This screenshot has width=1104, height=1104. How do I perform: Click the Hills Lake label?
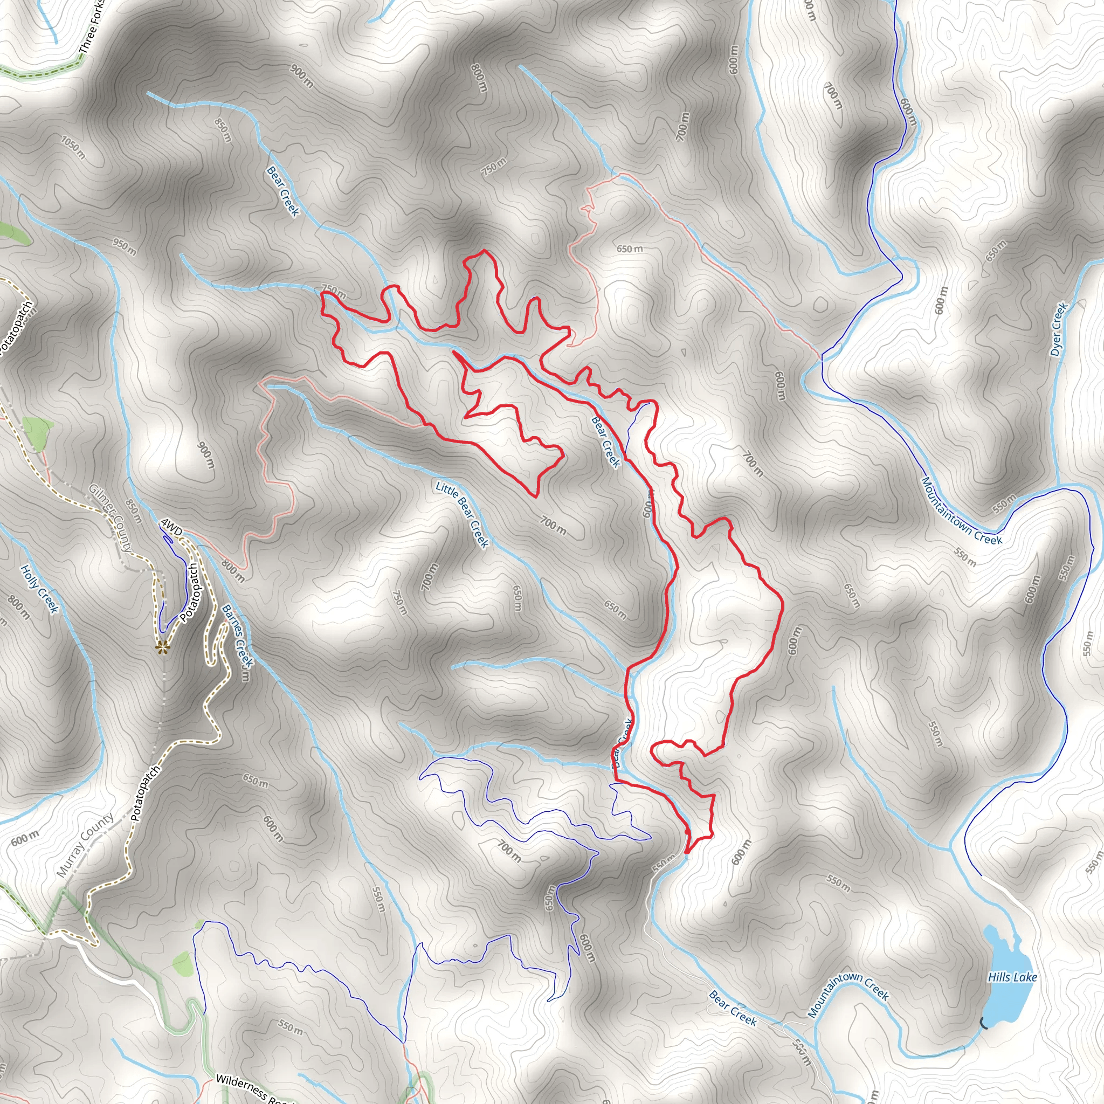click(1012, 977)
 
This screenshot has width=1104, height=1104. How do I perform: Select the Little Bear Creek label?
click(463, 514)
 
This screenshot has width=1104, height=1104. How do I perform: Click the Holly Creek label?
click(39, 589)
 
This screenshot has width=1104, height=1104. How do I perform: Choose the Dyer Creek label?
click(1059, 329)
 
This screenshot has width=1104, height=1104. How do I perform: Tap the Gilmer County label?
click(111, 517)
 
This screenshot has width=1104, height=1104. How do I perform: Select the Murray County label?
click(85, 845)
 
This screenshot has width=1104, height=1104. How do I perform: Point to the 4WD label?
click(171, 526)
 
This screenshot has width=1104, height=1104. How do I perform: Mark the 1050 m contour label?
click(73, 147)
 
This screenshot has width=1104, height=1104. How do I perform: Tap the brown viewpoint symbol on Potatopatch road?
click(163, 647)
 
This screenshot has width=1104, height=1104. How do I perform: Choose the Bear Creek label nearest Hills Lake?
click(733, 1009)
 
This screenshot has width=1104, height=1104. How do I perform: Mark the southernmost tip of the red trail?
click(686, 853)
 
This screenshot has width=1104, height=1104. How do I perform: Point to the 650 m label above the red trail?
click(629, 249)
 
